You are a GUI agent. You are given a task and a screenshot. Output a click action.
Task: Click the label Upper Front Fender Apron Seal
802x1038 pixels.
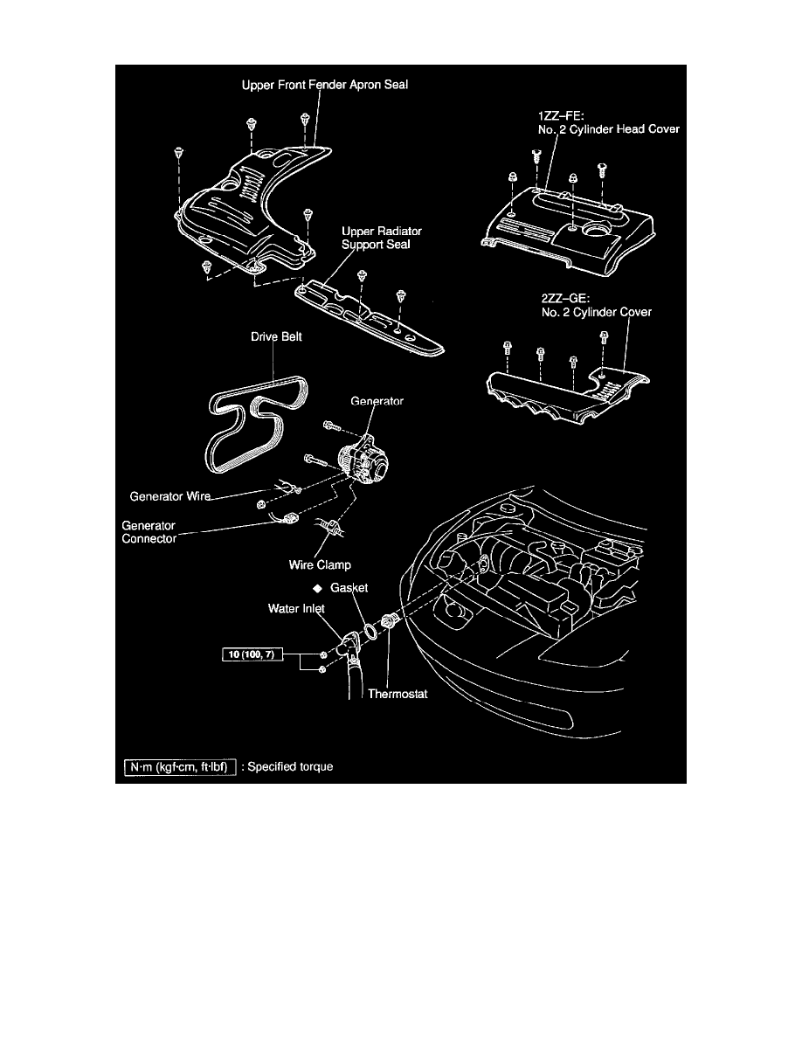point(325,85)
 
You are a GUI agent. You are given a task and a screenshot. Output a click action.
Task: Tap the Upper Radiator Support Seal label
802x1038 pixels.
point(381,238)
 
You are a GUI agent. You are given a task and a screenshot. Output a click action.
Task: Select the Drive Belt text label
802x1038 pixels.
point(276,336)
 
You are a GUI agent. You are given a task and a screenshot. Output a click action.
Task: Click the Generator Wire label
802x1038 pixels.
point(170,495)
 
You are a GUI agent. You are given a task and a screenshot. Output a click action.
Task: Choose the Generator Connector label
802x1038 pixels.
point(149,531)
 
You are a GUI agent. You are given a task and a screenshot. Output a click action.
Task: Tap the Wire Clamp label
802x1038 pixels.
point(320,564)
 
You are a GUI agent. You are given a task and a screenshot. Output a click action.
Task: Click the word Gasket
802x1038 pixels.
point(349,587)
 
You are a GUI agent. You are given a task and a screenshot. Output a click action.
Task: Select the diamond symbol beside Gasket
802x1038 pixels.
point(318,588)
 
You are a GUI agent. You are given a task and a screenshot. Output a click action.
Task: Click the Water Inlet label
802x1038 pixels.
point(296,608)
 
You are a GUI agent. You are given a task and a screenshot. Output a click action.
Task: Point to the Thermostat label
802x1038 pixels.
point(398,694)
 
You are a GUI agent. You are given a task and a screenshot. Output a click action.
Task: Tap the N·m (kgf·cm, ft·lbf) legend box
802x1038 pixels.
point(180,766)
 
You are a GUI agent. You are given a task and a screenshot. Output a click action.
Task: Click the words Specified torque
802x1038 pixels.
point(291,766)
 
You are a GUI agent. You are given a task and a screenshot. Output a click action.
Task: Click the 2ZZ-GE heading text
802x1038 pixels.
point(561,299)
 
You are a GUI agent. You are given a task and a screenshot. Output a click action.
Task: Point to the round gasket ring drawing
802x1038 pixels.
point(372,632)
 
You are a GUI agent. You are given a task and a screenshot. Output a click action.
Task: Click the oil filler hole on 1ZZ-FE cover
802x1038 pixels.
point(598,231)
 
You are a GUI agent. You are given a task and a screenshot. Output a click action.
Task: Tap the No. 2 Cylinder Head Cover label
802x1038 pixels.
point(609,129)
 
